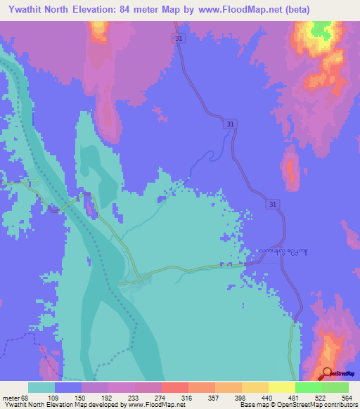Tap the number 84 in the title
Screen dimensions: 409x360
click(x=149, y=9)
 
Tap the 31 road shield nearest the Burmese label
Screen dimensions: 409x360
click(x=273, y=204)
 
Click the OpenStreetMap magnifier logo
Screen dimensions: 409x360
click(x=327, y=373)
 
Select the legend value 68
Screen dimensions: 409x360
click(x=29, y=397)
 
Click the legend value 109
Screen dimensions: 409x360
click(x=55, y=397)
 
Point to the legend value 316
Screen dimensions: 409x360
click(x=188, y=397)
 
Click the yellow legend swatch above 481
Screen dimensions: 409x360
click(x=281, y=387)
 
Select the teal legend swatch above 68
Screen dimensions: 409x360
click(x=41, y=387)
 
